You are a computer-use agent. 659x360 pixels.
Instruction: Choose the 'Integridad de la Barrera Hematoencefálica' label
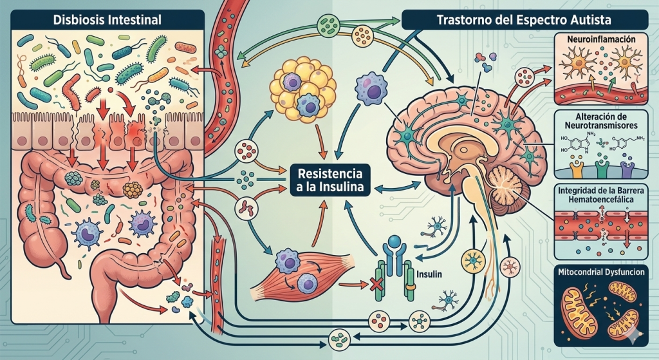[602, 197]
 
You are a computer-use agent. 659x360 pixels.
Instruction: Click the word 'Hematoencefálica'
[602, 202]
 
